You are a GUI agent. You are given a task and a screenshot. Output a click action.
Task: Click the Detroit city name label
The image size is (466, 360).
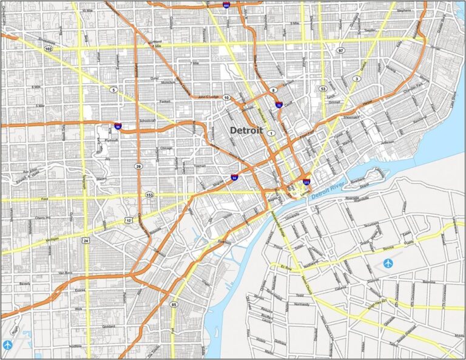tap(246, 131)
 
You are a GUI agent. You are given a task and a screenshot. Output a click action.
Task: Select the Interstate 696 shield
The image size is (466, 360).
tap(226, 5)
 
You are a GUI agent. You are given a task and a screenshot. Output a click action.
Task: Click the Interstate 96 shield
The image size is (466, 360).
tap(118, 127)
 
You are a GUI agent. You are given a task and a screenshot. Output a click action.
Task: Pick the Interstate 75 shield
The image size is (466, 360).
tap(279, 105)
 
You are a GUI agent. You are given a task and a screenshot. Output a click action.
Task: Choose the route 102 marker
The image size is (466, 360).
tap(48, 47)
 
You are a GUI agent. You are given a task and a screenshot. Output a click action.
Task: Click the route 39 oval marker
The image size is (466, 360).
tap(140, 166)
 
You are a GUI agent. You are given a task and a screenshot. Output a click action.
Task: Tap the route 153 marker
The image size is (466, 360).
tap(150, 195)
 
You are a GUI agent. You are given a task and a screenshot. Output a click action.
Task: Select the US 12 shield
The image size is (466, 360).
tap(129, 219)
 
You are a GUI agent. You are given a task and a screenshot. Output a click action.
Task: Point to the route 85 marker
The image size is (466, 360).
tap(174, 304)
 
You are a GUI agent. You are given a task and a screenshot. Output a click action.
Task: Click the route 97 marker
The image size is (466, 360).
tap(341, 50)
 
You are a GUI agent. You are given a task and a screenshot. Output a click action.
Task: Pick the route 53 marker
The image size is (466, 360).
tap(323, 89)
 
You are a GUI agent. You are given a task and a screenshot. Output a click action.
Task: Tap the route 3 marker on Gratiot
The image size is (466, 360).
tap(357, 78)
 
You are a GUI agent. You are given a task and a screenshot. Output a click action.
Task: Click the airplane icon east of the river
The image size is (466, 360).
tap(388, 263)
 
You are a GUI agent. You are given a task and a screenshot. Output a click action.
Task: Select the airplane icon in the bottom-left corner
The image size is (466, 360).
tap(8, 345)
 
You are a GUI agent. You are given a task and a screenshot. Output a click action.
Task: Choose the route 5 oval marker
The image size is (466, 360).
tap(113, 89)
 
